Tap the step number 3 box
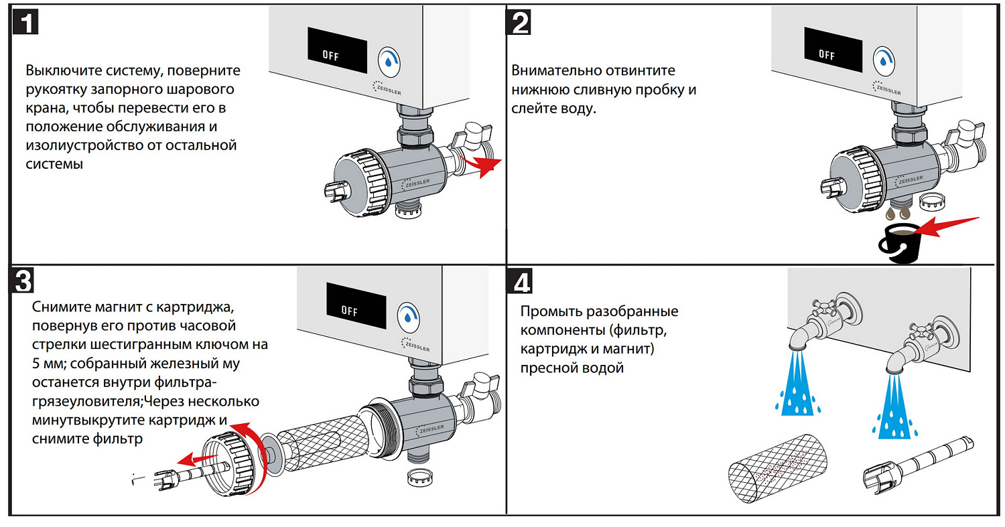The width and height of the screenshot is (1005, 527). pyautogui.click(x=21, y=280)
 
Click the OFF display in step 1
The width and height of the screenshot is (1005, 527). pyautogui.click(x=337, y=51)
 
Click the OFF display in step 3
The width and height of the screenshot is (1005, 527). pyautogui.click(x=356, y=309)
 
